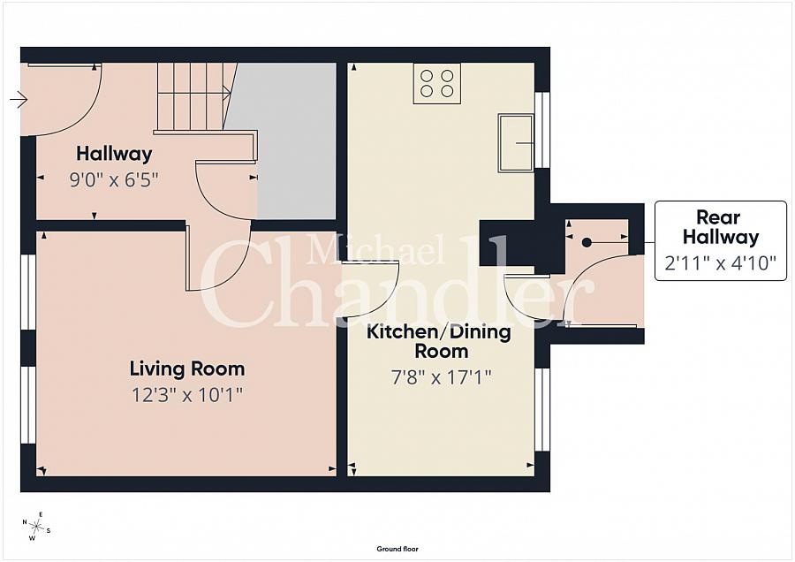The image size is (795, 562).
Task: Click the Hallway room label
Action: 114,153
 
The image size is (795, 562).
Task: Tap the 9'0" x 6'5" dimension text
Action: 114,179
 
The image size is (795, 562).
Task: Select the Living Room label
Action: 187,368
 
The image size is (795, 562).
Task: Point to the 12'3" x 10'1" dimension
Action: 187,395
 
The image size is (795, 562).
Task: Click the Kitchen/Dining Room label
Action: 439,341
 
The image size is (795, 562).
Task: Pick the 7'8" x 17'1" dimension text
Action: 441,377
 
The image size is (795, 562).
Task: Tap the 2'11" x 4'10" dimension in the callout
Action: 721,262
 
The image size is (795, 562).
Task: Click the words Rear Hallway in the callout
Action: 721,227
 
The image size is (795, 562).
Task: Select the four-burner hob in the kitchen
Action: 437,84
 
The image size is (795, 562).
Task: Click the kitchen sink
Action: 516,143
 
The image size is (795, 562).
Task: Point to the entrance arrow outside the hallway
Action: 19,99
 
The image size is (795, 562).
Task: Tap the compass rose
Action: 36,527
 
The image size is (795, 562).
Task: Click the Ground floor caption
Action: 397,549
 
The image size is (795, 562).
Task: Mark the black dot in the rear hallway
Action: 587,243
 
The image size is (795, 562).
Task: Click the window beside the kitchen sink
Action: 542,131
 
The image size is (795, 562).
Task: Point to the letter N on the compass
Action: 25,522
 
